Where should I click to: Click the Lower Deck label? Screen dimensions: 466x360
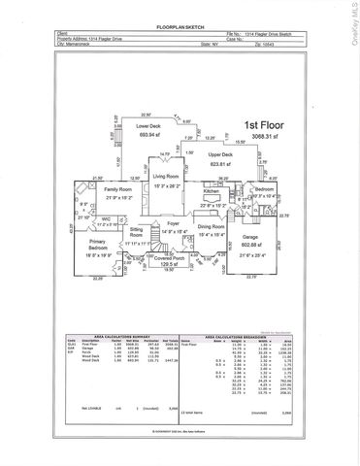pyautogui.click(x=148, y=127)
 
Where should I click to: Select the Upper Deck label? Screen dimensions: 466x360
pyautogui.click(x=219, y=154)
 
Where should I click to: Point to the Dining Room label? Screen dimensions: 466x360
pyautogui.click(x=212, y=225)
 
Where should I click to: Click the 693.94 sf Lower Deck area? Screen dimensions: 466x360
pyautogui.click(x=148, y=136)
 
